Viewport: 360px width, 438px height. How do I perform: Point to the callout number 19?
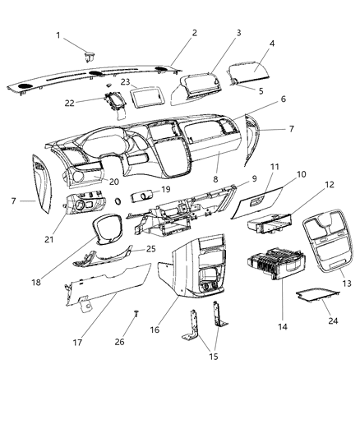(165, 190)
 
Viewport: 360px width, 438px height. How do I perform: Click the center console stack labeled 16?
(196, 267)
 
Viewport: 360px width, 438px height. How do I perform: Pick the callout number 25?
(150, 248)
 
